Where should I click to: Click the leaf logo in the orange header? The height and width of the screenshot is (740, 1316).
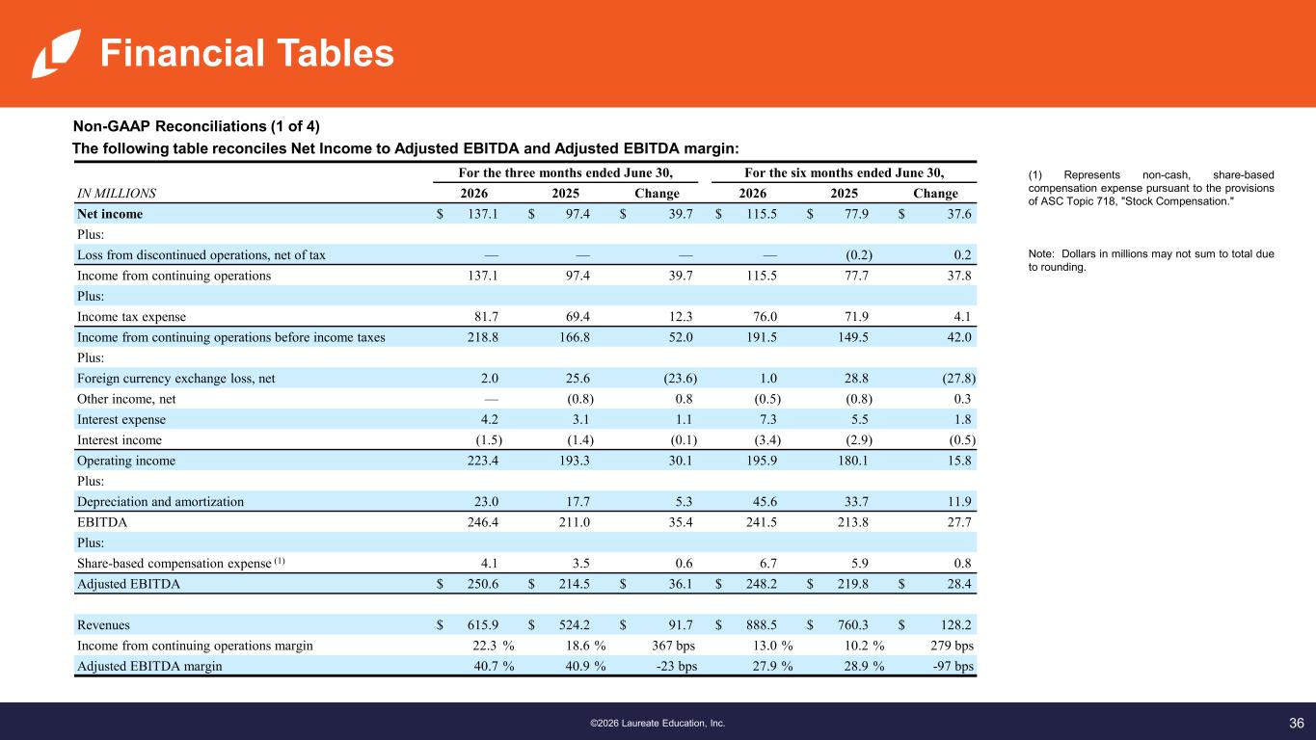pyautogui.click(x=56, y=53)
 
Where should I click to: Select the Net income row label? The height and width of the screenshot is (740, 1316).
pyautogui.click(x=110, y=214)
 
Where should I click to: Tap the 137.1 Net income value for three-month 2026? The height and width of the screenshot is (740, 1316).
pyautogui.click(x=482, y=214)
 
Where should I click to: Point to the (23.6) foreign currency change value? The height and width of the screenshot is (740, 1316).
pyautogui.click(x=681, y=379)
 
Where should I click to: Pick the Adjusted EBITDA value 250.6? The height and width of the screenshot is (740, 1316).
pyautogui.click(x=482, y=584)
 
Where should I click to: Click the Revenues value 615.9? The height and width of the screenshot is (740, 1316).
pyautogui.click(x=482, y=625)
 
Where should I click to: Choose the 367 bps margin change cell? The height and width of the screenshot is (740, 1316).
pyautogui.click(x=673, y=646)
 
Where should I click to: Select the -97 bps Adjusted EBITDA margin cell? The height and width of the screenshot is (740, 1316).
pyautogui.click(x=953, y=666)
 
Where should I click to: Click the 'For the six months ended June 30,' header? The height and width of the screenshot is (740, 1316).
pyautogui.click(x=845, y=172)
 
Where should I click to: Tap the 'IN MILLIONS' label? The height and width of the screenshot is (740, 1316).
pyautogui.click(x=117, y=194)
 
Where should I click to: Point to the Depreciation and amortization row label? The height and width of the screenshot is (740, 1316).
pyautogui.click(x=160, y=502)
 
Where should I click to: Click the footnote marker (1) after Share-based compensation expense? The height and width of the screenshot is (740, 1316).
pyautogui.click(x=280, y=561)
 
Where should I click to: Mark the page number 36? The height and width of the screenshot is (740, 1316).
pyautogui.click(x=1297, y=723)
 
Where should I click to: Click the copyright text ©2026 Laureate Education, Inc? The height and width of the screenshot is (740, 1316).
pyautogui.click(x=658, y=724)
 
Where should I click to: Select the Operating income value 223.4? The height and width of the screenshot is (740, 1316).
pyautogui.click(x=482, y=461)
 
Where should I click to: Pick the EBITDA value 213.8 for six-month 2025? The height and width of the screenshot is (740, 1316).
pyautogui.click(x=852, y=522)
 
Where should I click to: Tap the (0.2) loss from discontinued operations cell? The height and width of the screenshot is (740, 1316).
pyautogui.click(x=858, y=255)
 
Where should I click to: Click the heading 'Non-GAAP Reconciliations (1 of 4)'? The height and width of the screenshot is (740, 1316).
pyautogui.click(x=197, y=126)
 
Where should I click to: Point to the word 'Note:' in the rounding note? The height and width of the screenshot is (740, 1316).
pyautogui.click(x=1041, y=253)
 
